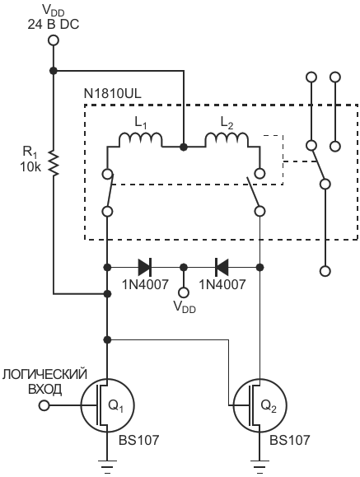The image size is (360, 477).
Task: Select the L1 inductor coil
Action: [x=140, y=140]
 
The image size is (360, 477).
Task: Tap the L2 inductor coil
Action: [x=227, y=140]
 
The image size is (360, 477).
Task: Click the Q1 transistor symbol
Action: [x=107, y=405]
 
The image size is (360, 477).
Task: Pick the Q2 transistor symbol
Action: [x=259, y=405]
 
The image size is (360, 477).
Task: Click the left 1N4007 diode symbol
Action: [x=145, y=268]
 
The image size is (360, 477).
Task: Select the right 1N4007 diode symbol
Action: [x=222, y=268]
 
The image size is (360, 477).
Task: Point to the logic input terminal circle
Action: [x=44, y=405]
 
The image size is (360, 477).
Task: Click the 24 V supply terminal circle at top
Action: [x=54, y=40]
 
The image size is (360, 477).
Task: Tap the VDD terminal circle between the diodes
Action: [x=184, y=292]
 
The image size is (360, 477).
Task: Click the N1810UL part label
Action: [x=113, y=94]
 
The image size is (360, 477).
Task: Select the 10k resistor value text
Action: [x=30, y=167]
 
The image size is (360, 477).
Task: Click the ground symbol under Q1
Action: [x=107, y=466]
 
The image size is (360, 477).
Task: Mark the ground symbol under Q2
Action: [x=259, y=466]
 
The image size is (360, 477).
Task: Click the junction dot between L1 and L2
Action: [x=184, y=147]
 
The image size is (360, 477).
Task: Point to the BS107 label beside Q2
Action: [x=290, y=440]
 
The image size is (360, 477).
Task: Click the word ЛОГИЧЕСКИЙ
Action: [x=44, y=375]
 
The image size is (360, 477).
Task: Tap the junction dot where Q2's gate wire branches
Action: [x=107, y=339]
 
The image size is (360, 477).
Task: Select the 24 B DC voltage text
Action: [x=54, y=25]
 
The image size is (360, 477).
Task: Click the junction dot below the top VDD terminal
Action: [x=54, y=71]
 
